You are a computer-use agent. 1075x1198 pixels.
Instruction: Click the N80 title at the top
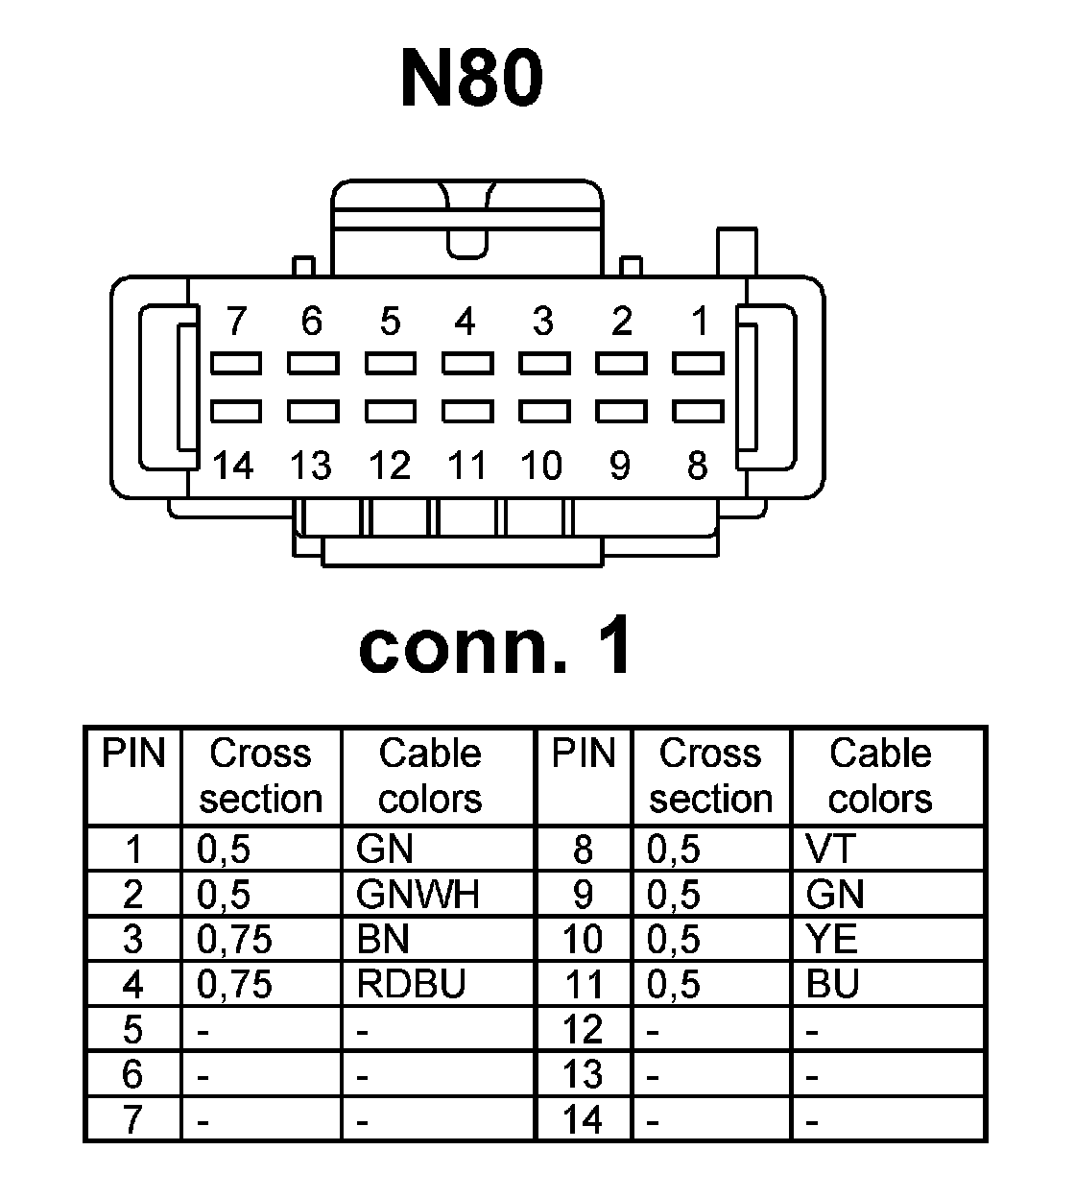point(471,79)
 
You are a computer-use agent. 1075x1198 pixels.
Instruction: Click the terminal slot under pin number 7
point(235,364)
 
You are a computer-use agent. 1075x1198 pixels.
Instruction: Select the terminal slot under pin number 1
point(698,364)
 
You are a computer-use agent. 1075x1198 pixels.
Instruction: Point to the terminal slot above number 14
point(235,412)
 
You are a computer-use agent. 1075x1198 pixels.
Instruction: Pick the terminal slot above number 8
point(698,412)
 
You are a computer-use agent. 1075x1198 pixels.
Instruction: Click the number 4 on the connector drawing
point(466,322)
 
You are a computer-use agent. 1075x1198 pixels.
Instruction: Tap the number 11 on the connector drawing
point(467,467)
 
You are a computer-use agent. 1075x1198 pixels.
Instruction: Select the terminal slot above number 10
point(544,412)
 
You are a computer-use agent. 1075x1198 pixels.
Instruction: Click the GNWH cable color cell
point(417,895)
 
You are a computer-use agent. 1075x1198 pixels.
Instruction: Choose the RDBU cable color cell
point(410,984)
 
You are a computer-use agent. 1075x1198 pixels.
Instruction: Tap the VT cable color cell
point(831,849)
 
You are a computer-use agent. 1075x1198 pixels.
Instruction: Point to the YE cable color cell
point(832,939)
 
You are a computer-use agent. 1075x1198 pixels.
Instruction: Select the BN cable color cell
point(383,939)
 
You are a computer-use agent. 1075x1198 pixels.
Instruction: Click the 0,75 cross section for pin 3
point(234,939)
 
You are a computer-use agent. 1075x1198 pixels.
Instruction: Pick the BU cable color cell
point(832,984)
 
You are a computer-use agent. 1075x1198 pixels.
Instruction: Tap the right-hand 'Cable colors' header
point(880,776)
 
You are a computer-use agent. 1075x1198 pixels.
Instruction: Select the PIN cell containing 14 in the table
point(583,1119)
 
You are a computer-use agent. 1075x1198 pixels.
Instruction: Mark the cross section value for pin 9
point(674,895)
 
